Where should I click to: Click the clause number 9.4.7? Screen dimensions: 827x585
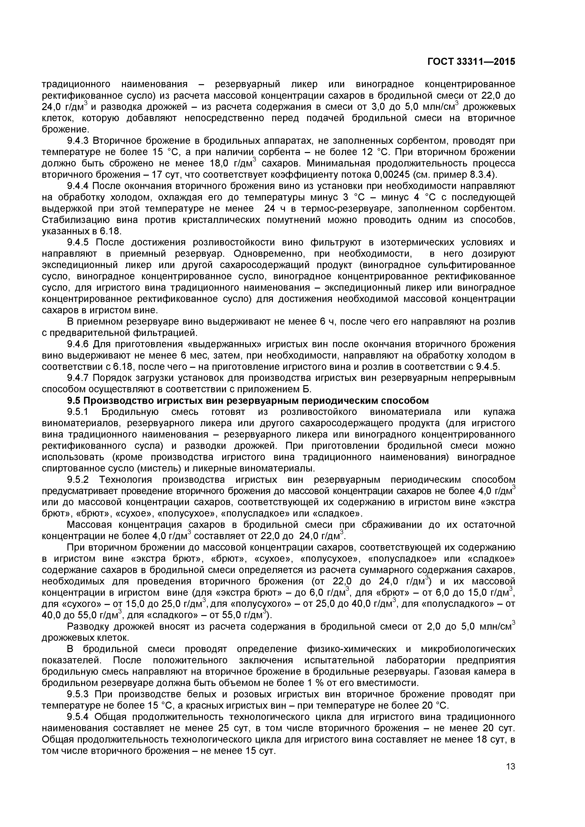79,378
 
